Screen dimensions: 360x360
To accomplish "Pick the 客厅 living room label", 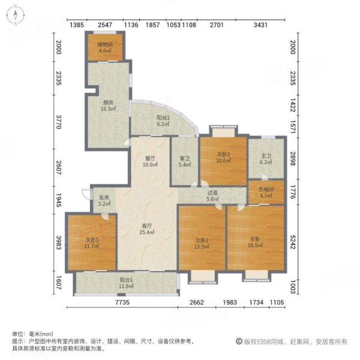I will click(146, 229).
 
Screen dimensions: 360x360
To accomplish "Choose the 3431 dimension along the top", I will click(260, 25).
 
